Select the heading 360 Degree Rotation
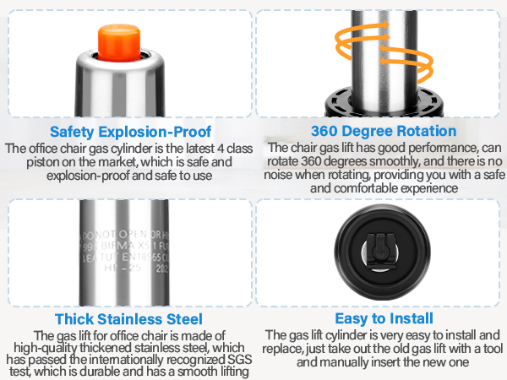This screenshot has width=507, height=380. pos(384,132)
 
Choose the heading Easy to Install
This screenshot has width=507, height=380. pos(384,318)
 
